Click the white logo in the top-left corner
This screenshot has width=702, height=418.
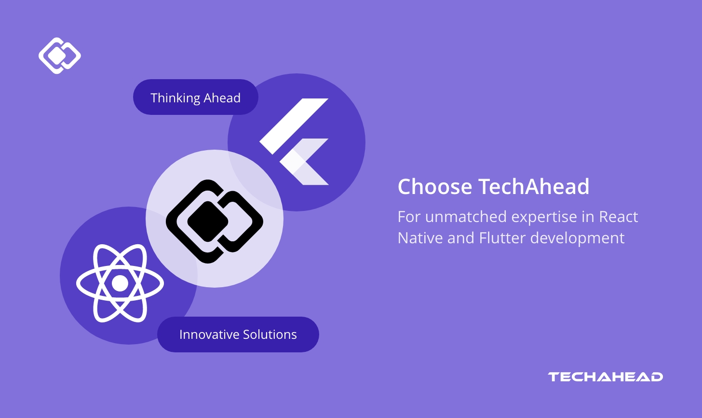click(x=59, y=56)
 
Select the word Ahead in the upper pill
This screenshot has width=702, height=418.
click(x=222, y=98)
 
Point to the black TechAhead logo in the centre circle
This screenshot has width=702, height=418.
click(x=215, y=221)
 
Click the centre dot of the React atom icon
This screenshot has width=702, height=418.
click(x=120, y=283)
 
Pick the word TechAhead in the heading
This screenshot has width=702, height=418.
click(x=534, y=187)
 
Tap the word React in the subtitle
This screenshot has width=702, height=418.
click(x=618, y=217)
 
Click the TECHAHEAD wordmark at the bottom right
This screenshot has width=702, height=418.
click(x=605, y=377)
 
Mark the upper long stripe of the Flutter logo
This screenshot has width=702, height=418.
click(x=294, y=126)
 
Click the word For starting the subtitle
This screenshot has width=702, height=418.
click(x=409, y=217)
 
